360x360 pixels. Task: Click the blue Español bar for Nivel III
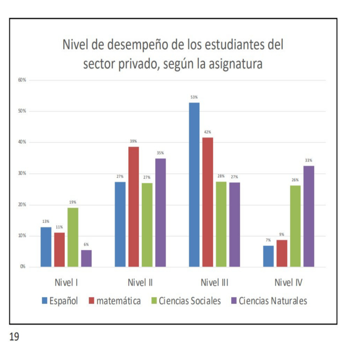pos(194,185)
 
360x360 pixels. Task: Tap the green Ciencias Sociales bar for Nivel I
pos(73,237)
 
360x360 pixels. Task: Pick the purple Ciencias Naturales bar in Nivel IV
pos(309,216)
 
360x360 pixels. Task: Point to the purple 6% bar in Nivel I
pos(86,258)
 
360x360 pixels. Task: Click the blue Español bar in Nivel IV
pos(268,256)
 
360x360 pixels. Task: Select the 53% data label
pos(194,97)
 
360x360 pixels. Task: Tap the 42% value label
pos(207,132)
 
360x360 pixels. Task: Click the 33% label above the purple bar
pos(309,160)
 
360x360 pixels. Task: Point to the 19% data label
pos(73,202)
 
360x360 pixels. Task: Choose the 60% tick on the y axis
pos(22,80)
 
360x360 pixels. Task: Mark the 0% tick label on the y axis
pos(23,267)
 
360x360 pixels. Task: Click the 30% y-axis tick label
pos(22,174)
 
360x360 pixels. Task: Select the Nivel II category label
pos(140,283)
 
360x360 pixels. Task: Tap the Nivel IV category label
pos(289,283)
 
